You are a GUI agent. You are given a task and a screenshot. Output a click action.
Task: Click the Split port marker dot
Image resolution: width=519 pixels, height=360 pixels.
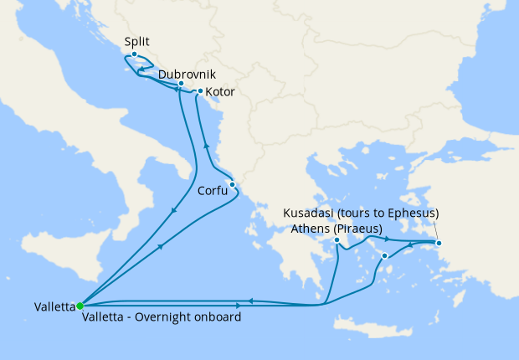click(x=134, y=54)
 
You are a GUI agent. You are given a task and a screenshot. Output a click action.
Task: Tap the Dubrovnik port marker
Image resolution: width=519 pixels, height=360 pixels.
click(x=181, y=84)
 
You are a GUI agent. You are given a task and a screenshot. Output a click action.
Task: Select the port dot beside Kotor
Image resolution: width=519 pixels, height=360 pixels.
click(x=201, y=90)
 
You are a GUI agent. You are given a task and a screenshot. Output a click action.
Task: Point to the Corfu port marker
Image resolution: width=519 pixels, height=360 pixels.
click(x=232, y=185)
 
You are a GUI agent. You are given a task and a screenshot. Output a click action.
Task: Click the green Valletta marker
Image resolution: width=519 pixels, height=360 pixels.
click(x=80, y=306)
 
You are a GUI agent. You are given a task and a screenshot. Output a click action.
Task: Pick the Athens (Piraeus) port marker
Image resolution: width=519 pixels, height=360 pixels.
click(x=337, y=240)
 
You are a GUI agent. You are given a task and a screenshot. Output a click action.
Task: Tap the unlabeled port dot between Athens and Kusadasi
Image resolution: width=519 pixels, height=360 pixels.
click(x=384, y=255)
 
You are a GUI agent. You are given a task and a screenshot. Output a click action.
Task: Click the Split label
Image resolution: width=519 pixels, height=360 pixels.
click(x=138, y=40)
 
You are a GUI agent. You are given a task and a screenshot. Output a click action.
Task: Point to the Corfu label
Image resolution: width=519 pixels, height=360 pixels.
click(x=213, y=191)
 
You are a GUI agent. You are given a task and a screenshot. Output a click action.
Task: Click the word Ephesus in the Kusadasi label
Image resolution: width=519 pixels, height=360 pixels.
click(x=409, y=213)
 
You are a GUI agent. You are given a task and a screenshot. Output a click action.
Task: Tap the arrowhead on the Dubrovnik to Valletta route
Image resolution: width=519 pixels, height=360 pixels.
click(x=173, y=209)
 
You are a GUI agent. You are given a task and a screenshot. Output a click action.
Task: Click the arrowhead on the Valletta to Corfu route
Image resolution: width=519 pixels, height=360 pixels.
click(x=160, y=248)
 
